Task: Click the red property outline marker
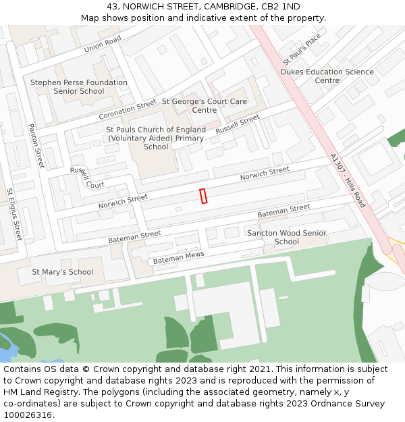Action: pos(203,196)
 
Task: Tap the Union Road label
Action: pos(103,45)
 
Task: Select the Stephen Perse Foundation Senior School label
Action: pos(79,87)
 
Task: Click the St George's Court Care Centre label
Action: pos(205,105)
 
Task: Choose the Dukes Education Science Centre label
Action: pos(327,76)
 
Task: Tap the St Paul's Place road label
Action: pos(302,49)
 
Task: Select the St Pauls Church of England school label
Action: pos(156,138)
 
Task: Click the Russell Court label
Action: pos(88,178)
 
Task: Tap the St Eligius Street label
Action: pos(14,214)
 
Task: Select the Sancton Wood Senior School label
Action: pos(287,237)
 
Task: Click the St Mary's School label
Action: pos(63,272)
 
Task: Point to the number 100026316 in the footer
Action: pos(28,415)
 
